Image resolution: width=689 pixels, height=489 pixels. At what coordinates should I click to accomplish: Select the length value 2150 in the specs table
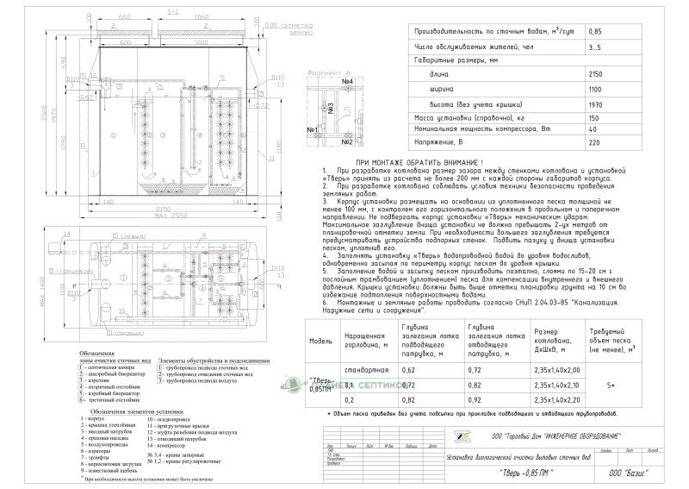pyautogui.click(x=597, y=76)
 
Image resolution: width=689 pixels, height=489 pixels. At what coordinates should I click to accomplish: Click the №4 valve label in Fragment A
pyautogui.click(x=349, y=82)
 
